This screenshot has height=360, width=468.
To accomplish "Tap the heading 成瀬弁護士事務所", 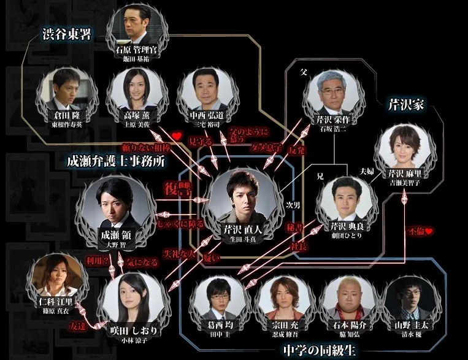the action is [118, 162].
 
